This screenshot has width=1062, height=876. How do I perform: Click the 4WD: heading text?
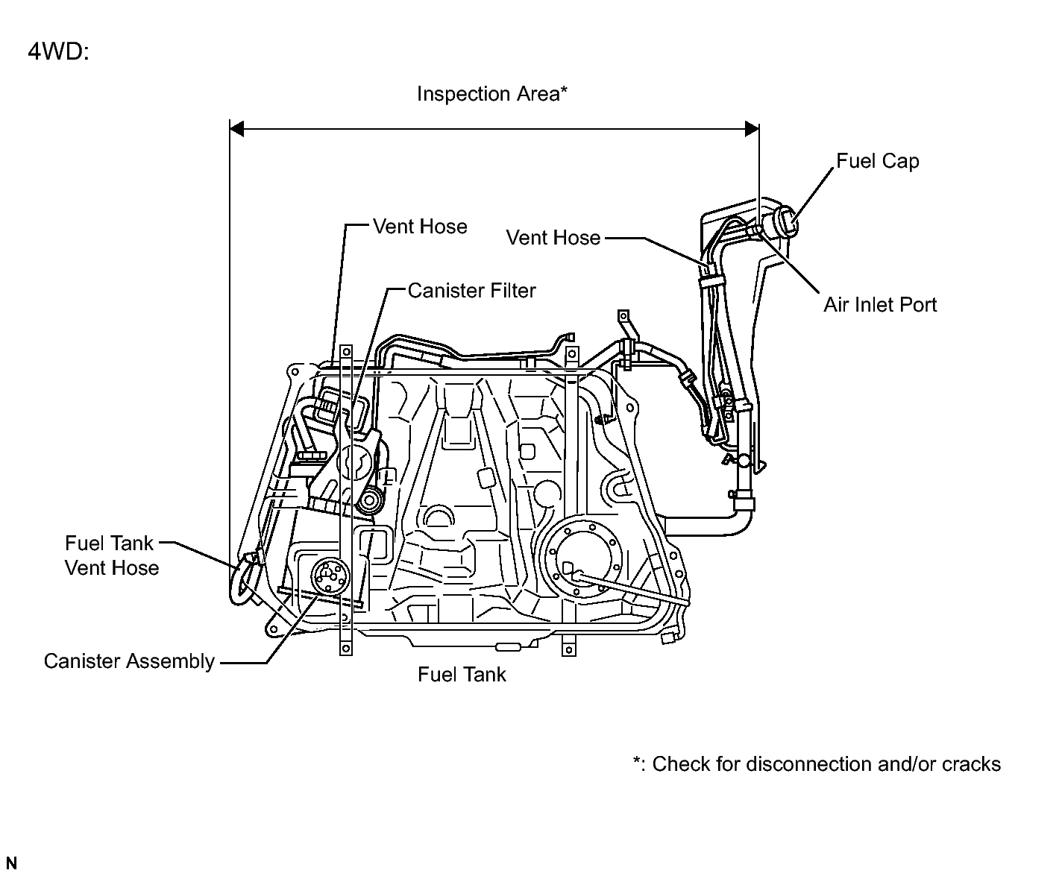57,52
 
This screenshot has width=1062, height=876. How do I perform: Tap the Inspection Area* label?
492,94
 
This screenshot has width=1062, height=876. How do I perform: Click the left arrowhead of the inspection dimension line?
237,130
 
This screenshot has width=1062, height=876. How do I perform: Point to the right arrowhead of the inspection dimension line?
752,130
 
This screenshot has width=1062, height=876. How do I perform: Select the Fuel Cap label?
877,161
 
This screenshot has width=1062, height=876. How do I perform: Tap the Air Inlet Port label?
880,304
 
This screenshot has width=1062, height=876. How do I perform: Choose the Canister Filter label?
471,290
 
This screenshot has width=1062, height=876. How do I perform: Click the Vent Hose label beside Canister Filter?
420,227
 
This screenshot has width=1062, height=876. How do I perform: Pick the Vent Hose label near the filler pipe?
553,238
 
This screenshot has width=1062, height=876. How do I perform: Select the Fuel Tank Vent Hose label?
111,555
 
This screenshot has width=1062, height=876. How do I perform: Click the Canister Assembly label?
129,661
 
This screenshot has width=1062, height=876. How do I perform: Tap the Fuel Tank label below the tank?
462,675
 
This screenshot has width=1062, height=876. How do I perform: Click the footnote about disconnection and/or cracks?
817,764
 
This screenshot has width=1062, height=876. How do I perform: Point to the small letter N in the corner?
10,863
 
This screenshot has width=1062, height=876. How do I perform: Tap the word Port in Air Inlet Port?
917,304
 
